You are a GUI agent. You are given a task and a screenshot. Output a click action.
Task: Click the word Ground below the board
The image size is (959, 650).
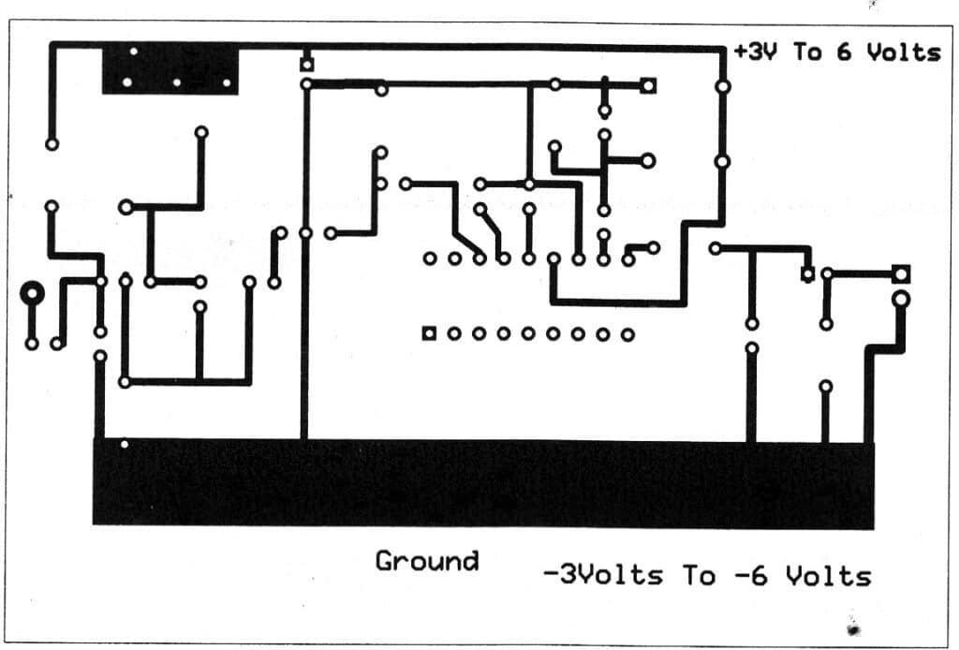coord(426,561)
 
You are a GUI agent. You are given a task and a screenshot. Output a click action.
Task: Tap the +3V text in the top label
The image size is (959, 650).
coord(757,52)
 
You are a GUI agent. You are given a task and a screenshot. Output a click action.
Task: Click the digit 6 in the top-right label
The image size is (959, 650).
coord(844,52)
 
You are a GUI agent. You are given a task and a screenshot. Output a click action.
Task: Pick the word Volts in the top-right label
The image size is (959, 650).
coord(902,52)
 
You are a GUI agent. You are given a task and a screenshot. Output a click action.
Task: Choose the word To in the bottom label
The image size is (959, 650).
coord(699,574)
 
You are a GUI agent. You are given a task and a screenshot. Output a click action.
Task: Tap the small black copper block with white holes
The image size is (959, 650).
coord(170,68)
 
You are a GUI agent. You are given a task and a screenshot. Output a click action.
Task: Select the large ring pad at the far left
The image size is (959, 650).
coord(33,294)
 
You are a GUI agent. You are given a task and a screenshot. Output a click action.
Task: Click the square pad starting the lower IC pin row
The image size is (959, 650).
coord(429,333)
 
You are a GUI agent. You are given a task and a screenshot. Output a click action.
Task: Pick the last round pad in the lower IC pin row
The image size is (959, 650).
coord(627,333)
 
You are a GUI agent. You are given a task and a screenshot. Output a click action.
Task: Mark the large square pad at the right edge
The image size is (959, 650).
coord(901,274)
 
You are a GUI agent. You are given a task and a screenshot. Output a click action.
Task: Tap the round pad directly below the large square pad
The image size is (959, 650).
coord(901,301)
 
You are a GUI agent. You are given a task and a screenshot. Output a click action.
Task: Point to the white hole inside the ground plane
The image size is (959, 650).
coord(125,444)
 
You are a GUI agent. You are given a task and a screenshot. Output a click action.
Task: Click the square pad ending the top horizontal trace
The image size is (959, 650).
coord(649,85)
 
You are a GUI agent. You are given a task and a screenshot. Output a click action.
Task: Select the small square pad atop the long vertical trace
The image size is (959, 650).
coord(305,65)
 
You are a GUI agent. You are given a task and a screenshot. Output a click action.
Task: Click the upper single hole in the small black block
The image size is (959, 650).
coord(134,52)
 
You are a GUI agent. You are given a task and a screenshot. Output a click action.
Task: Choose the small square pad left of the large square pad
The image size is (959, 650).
coord(807,274)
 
